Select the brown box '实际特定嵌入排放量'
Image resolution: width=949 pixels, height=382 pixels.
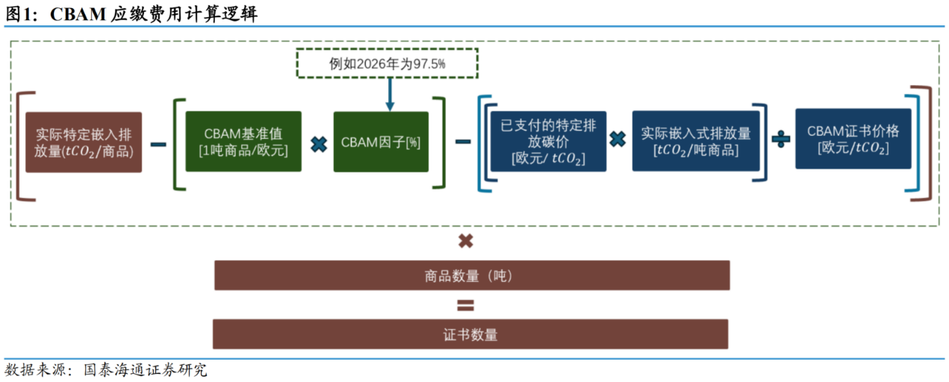tap(84, 143)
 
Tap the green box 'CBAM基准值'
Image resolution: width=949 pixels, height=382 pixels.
tap(243, 142)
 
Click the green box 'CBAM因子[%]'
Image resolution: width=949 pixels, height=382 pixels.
tap(381, 142)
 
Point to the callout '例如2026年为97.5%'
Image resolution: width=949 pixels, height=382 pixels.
tap(387, 63)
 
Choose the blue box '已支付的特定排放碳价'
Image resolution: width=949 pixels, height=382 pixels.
tap(548, 142)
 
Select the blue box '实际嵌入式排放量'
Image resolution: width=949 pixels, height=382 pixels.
tap(695, 142)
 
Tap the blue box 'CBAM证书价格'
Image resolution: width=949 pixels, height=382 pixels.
tap(853, 139)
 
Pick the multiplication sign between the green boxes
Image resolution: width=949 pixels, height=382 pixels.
tap(318, 143)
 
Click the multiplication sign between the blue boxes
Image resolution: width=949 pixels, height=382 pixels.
tap(617, 140)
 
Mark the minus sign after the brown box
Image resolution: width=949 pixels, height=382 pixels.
tap(158, 143)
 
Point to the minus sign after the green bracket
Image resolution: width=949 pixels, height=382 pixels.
tap(463, 142)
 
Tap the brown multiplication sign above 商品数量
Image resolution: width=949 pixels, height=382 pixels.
tap(465, 241)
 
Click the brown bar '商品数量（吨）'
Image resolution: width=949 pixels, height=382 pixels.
tap(471, 275)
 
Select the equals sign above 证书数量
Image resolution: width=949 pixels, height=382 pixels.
tap(465, 305)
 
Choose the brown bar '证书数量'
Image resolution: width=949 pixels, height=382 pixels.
tap(470, 334)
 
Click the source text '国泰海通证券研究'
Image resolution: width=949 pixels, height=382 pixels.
tap(146, 369)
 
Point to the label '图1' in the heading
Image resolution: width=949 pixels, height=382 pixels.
tap(19, 14)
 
